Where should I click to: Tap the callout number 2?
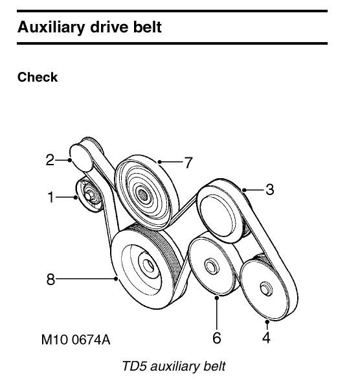click(x=50, y=159)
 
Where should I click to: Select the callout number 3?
click(x=269, y=190)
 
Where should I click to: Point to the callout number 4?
click(x=266, y=338)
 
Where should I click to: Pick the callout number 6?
click(x=217, y=338)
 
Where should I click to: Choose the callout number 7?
click(x=188, y=163)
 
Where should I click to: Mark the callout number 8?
click(x=50, y=280)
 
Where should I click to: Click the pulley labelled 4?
click(x=264, y=286)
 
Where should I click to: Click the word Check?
click(x=38, y=78)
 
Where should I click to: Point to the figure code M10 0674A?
click(x=79, y=339)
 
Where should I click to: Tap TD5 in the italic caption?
click(x=134, y=367)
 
